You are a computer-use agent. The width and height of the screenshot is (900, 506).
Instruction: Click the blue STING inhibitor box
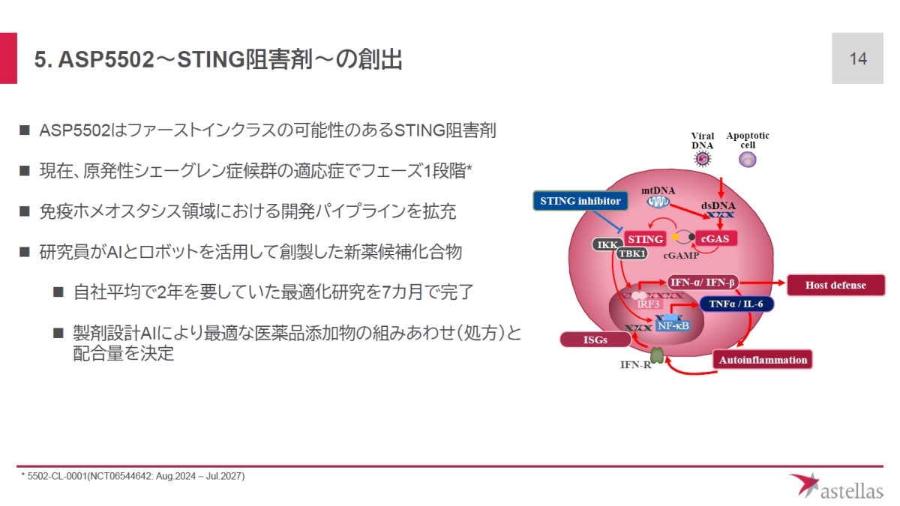coord(580,201)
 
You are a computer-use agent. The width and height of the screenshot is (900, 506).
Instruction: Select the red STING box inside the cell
coord(645,239)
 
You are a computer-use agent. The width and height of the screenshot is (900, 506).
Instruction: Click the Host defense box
coord(835,285)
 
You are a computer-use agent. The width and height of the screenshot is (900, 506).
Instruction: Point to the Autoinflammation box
coord(763,360)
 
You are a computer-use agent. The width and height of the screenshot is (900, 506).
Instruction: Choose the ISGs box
coord(595,340)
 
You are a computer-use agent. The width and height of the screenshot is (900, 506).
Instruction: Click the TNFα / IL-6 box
coord(736,304)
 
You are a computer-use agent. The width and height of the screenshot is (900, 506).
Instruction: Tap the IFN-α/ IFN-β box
coord(703,283)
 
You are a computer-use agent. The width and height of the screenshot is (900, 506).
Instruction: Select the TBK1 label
coord(632,253)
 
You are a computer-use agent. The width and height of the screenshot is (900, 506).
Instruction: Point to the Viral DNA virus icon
coord(703,158)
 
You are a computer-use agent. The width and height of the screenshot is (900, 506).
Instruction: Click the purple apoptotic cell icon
coord(747,159)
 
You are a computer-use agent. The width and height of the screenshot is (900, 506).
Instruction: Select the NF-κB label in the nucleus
coord(672,325)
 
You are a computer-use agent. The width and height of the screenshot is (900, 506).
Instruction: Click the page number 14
coord(858,58)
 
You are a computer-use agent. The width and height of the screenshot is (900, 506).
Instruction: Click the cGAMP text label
coord(680,256)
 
